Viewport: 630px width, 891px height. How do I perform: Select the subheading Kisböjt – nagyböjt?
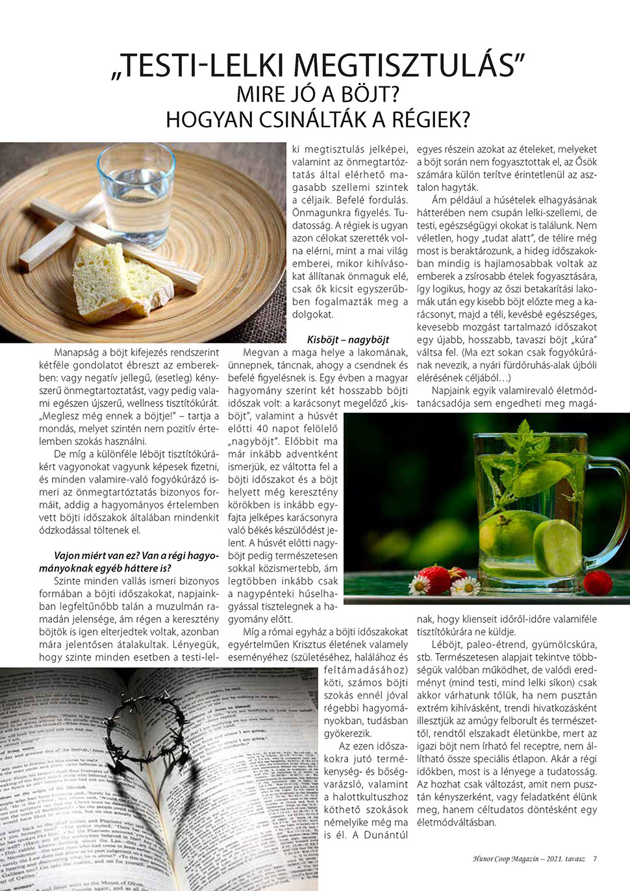(x=348, y=340)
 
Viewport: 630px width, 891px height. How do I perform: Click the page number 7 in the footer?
(x=595, y=859)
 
